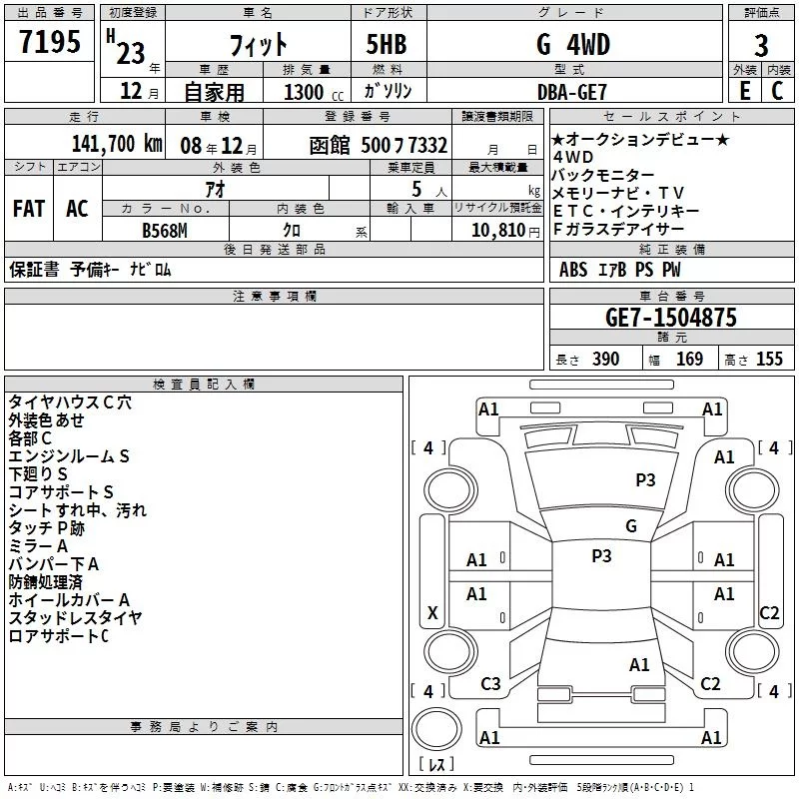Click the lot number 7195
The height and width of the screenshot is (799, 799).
[50, 42]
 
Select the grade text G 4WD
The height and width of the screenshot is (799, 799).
[573, 44]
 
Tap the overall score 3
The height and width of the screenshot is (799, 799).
[761, 46]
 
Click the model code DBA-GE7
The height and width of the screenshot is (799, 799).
[572, 92]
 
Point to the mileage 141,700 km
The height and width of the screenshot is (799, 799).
[117, 144]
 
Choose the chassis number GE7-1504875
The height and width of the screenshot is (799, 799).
[671, 318]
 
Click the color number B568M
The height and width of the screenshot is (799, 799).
[165, 231]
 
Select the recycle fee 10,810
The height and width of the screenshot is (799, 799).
[497, 231]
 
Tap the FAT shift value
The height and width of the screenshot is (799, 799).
[29, 209]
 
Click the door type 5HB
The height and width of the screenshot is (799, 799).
[387, 44]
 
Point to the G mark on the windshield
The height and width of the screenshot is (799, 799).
[631, 525]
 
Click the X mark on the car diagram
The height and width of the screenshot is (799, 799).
[432, 612]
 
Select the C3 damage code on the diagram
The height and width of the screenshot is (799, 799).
[490, 684]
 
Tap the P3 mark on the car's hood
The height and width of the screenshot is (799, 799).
[645, 479]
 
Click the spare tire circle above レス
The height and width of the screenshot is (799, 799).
[436, 729]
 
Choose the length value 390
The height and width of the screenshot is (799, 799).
[606, 360]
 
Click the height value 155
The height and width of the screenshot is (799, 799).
[769, 360]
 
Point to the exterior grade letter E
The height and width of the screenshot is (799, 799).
[745, 91]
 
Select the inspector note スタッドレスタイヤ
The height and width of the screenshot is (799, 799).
[75, 618]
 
